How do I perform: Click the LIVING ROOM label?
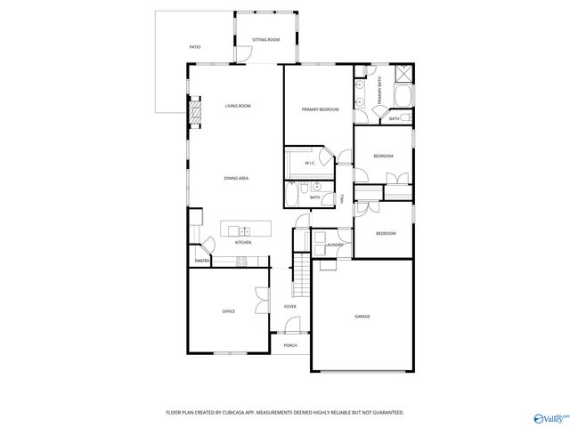point(237,106)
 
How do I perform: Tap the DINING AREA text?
point(236,178)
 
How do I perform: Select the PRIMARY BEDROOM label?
point(320,109)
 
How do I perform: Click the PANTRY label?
point(202,261)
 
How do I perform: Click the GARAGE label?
point(362,317)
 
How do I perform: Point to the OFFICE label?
point(228,311)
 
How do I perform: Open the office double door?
point(259,302)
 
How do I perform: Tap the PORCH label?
point(289,345)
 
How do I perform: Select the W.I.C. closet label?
point(310,163)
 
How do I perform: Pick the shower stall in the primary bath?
point(401,75)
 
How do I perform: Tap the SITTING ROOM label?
point(265,40)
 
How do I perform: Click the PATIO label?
point(195,47)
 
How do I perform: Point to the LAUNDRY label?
point(335,244)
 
